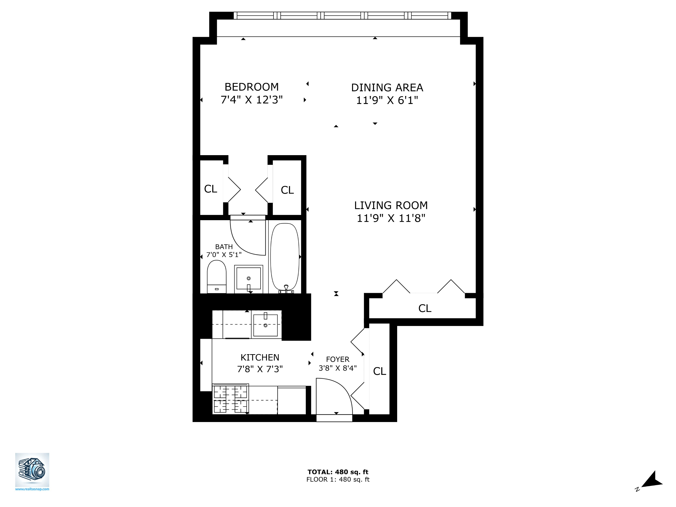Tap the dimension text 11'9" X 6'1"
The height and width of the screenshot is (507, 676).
(x=387, y=100)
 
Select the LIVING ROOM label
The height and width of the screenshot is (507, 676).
(x=391, y=205)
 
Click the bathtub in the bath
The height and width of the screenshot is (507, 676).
(x=285, y=257)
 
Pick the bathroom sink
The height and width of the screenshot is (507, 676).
(x=249, y=278)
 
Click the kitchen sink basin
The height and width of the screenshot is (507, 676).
(x=265, y=325)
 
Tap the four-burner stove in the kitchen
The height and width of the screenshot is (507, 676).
(x=230, y=399)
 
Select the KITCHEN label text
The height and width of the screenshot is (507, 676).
(x=260, y=357)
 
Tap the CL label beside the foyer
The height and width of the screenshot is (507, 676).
(x=379, y=371)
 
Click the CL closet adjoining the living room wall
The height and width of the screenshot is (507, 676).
(x=287, y=190)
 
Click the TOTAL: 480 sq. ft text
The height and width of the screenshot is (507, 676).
(x=338, y=472)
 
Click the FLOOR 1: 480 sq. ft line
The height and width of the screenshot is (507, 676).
(x=338, y=480)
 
